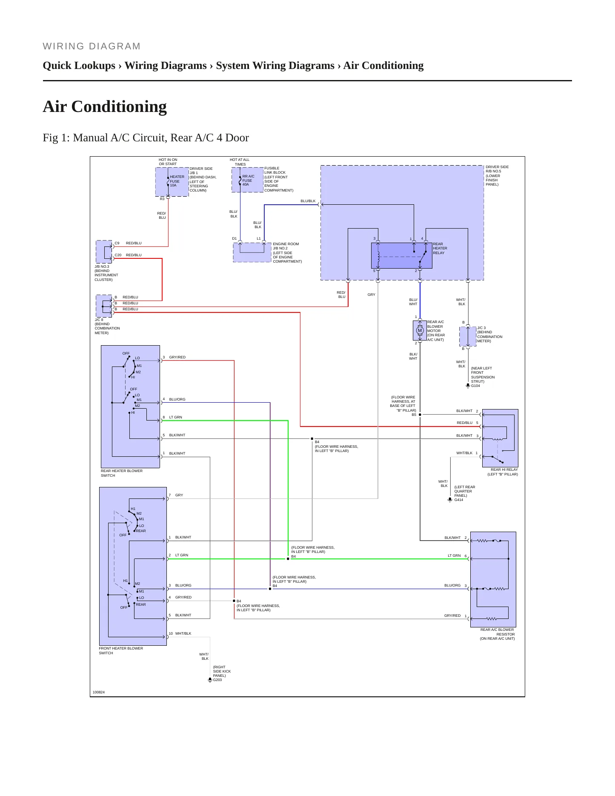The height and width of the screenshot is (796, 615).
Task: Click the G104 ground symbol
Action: [x=468, y=386]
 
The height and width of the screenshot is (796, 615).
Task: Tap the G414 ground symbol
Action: [x=450, y=500]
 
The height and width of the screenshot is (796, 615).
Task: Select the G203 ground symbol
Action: [x=210, y=680]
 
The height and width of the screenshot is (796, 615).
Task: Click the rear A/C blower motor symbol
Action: [x=420, y=330]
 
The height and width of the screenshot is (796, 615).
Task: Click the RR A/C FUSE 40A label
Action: [x=248, y=180]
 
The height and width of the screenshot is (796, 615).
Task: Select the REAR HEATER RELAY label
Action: [x=440, y=249]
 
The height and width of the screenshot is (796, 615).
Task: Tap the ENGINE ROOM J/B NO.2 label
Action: [x=287, y=253]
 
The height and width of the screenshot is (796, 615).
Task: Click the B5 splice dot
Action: [x=420, y=415]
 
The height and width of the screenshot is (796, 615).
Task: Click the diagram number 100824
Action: [x=99, y=692]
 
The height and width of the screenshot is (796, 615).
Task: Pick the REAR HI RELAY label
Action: [x=504, y=470]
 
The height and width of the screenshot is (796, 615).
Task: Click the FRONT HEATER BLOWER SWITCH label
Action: [x=121, y=650]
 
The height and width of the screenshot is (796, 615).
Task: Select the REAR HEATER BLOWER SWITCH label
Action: [x=122, y=473]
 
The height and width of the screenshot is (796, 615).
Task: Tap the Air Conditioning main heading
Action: [x=105, y=106]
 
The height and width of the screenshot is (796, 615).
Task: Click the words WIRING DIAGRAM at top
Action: [x=92, y=46]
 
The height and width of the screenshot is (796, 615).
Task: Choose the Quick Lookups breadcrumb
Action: [x=79, y=66]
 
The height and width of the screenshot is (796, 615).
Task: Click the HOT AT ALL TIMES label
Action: [x=240, y=162]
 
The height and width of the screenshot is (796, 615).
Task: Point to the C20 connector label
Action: [x=118, y=255]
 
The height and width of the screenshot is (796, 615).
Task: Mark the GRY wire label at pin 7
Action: [x=179, y=495]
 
